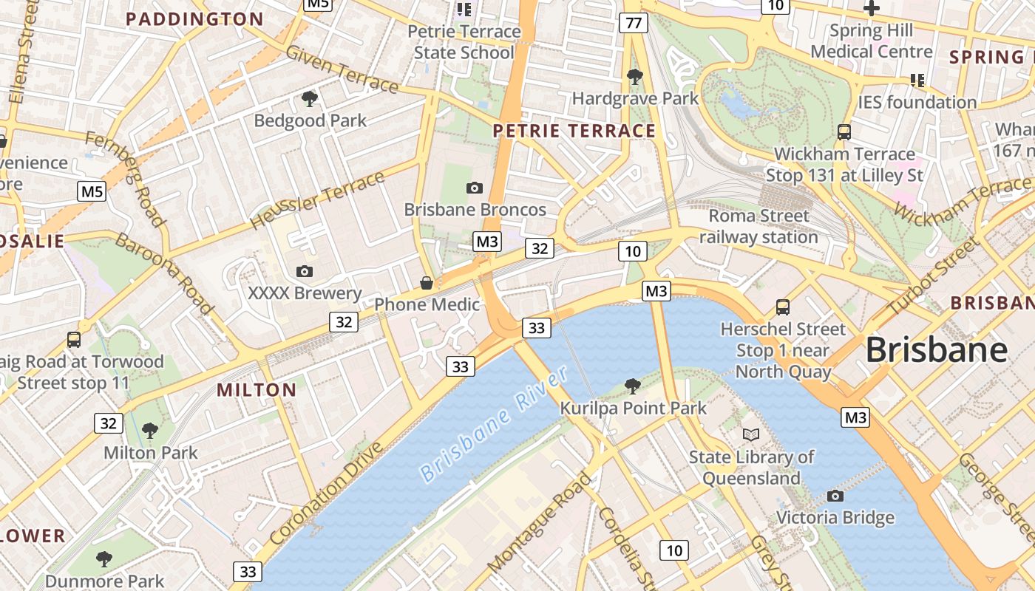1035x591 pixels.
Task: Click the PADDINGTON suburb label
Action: (x=194, y=19)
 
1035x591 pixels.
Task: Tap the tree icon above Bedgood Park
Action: (x=310, y=98)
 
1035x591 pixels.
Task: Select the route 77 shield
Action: (x=634, y=23)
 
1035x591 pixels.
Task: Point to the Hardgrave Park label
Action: (x=635, y=98)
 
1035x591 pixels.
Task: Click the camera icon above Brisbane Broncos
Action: (x=475, y=188)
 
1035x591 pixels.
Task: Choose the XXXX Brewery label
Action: (x=305, y=293)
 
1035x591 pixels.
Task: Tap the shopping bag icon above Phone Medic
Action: (x=427, y=282)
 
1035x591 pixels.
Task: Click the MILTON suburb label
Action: (x=257, y=389)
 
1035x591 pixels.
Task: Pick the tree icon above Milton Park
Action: (x=150, y=430)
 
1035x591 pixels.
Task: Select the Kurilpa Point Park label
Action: (x=633, y=408)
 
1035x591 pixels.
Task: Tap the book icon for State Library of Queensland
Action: (x=751, y=435)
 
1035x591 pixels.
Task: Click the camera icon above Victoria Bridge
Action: (x=835, y=496)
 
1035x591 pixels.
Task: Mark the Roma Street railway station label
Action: (x=759, y=227)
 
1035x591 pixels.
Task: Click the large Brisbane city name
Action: (x=937, y=349)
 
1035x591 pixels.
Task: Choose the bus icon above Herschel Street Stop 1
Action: (x=783, y=307)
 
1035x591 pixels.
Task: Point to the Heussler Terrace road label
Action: (x=318, y=200)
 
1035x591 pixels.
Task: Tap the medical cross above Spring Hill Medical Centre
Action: (x=872, y=9)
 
